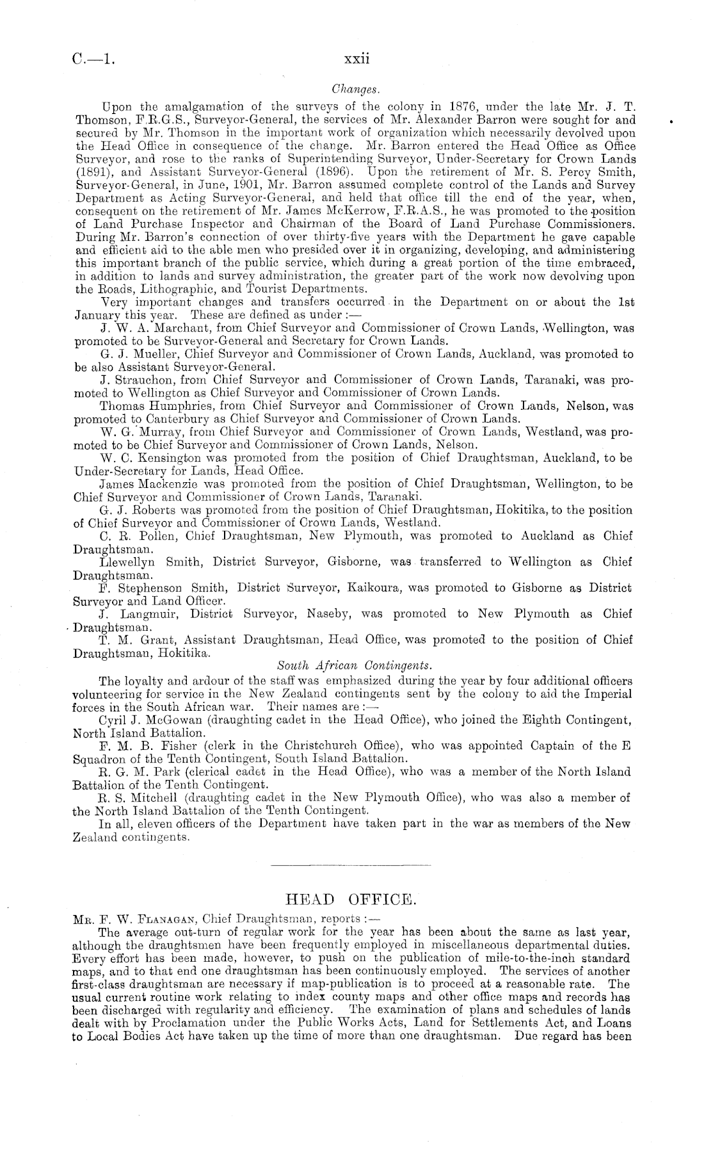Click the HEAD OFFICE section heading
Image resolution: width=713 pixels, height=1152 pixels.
click(353, 900)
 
